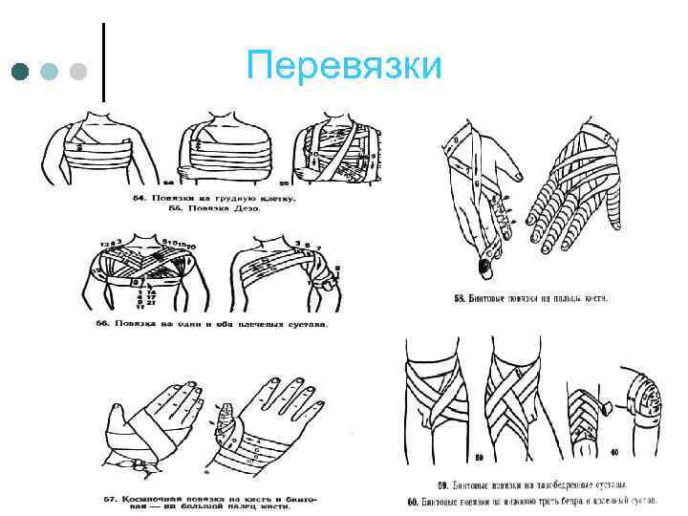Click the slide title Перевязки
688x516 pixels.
click(x=343, y=66)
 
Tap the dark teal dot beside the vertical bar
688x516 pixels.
click(x=21, y=72)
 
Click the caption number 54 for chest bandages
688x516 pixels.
click(x=136, y=199)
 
